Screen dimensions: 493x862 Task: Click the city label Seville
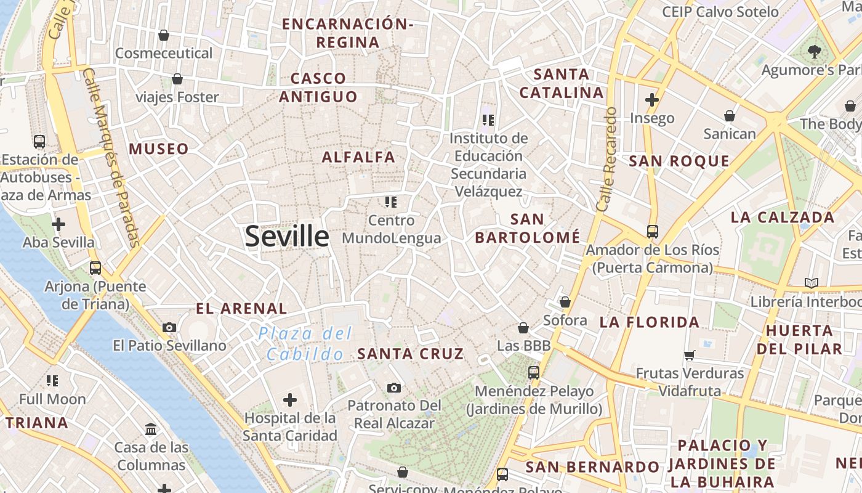[287, 237]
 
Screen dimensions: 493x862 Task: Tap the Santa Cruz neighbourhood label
[411, 354]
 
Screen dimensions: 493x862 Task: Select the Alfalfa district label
[359, 157]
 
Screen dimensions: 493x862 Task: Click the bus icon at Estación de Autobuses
[39, 142]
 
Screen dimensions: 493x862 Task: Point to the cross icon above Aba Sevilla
[58, 224]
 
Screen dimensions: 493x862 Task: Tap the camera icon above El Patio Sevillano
[169, 328]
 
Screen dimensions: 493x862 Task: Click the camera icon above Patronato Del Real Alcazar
[394, 388]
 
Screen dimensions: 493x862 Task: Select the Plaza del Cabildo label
[305, 344]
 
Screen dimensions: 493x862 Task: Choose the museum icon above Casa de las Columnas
[151, 429]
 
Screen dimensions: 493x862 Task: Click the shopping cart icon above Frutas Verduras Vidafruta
[690, 355]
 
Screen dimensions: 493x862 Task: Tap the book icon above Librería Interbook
[812, 283]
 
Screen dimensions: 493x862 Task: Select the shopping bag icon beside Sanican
[730, 116]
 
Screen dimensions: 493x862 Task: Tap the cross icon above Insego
[652, 99]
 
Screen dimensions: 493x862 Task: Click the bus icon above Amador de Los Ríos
[653, 232]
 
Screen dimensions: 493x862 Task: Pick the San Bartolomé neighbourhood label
[528, 228]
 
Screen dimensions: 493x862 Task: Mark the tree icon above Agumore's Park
[815, 52]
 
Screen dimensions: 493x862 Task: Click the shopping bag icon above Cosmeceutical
[164, 35]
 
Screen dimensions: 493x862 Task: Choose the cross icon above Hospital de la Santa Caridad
[290, 401]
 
